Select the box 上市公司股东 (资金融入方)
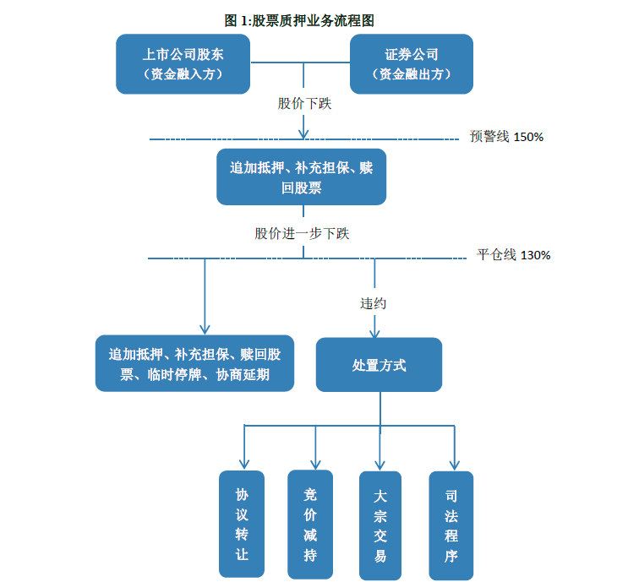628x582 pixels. pos(183,64)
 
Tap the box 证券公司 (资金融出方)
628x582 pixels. pos(412,64)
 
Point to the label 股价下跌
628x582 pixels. pos(304,104)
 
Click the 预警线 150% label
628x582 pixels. pos(506,137)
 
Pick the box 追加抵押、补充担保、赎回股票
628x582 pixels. pos(301,177)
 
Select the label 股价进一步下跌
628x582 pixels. pos(302,233)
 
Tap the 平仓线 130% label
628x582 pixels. pos(513,254)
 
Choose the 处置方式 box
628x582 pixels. pos(379,365)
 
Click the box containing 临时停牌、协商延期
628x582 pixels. pos(194,364)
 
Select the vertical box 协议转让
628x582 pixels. pos(242,524)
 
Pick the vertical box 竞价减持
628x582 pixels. pos(310,524)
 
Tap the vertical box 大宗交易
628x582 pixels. pos(380,525)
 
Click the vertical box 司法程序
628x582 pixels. pos(451,525)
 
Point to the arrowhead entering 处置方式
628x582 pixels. pos(375,333)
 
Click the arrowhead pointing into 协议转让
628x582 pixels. pos(244,463)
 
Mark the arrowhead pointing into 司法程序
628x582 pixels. pos(454,463)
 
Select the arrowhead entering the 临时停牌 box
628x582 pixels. pos(204,329)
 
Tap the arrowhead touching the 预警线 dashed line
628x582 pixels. pos(303,133)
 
